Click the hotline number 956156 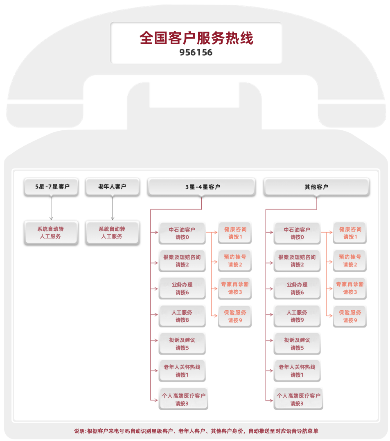(196, 53)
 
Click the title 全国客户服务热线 (196, 38)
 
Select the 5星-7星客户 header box (51, 187)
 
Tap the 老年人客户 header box (112, 187)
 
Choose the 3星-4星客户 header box (202, 187)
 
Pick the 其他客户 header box (316, 187)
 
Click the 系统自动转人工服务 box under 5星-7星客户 (51, 233)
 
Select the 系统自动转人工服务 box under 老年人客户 (112, 233)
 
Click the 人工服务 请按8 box (182, 316)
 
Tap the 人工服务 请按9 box (297, 316)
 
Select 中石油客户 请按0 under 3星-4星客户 (182, 233)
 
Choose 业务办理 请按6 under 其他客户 (297, 289)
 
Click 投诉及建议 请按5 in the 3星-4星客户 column (182, 344)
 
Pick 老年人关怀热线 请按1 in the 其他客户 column (297, 371)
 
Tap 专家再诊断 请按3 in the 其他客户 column (350, 288)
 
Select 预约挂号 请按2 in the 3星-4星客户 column (235, 261)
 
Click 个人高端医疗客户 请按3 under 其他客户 (298, 399)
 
